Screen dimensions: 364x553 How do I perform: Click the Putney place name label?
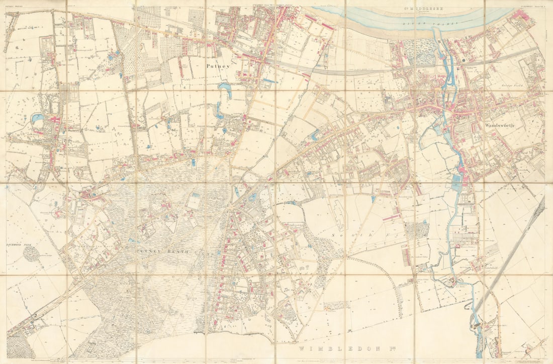217,65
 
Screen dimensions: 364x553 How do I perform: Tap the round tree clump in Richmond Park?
31,254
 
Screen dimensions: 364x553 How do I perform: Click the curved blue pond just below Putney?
225,90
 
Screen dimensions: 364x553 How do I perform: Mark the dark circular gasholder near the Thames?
463,60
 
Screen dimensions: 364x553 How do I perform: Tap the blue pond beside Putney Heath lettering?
132,241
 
